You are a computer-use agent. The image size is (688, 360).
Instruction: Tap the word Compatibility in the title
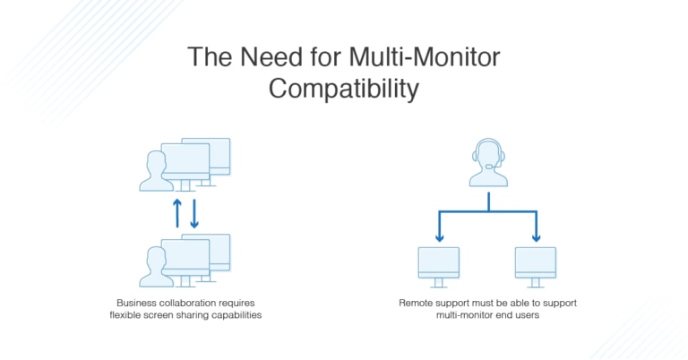tap(343, 90)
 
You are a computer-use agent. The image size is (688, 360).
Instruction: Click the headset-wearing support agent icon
tap(488, 162)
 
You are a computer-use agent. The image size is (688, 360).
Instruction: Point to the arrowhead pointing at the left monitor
tap(439, 237)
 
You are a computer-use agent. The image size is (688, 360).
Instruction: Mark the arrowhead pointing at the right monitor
tap(536, 237)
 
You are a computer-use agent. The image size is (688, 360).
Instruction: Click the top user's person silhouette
tap(155, 171)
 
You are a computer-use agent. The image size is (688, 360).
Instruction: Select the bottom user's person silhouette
tap(155, 268)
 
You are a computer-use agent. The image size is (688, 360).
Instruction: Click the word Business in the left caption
tap(138, 303)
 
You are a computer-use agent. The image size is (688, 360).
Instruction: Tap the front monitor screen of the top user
tap(185, 159)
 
